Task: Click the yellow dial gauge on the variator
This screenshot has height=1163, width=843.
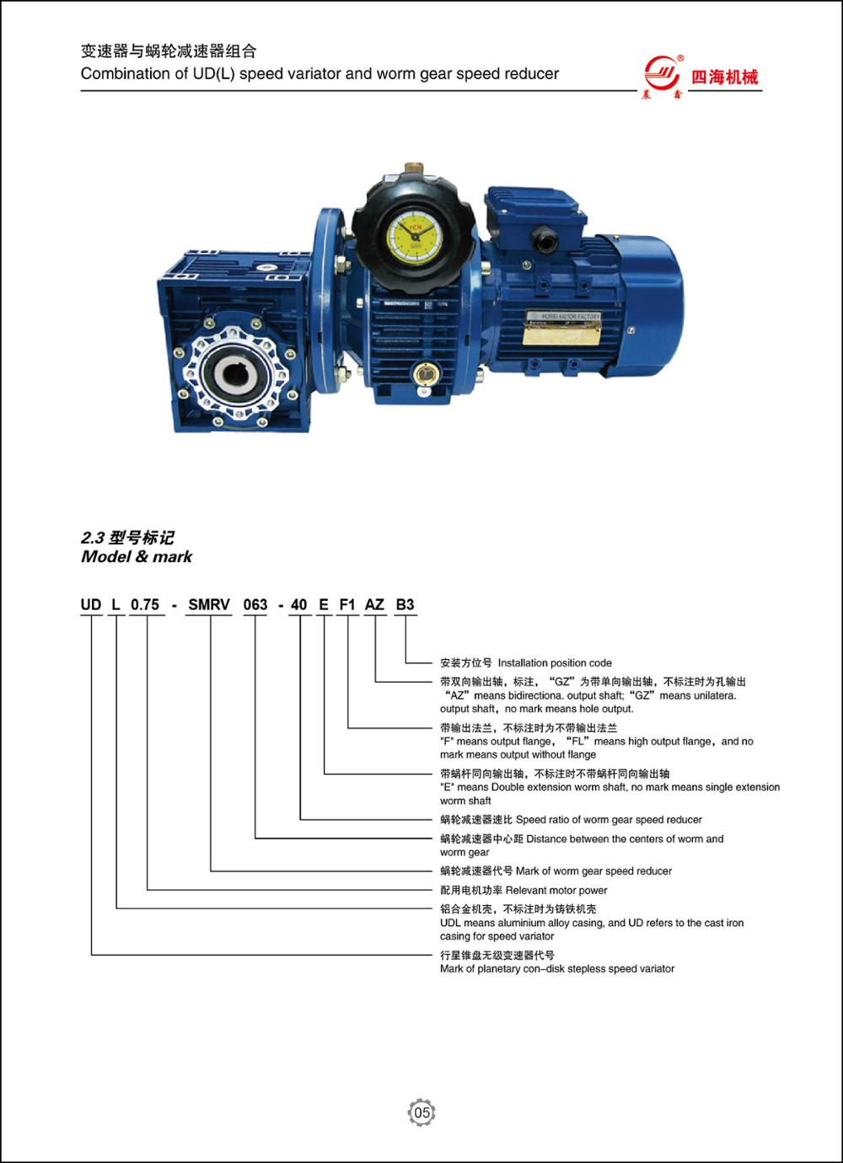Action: pyautogui.click(x=415, y=235)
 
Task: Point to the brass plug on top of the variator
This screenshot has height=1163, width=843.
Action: pyautogui.click(x=414, y=169)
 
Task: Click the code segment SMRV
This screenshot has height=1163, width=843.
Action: pyautogui.click(x=209, y=605)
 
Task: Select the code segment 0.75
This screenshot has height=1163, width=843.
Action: pyautogui.click(x=145, y=605)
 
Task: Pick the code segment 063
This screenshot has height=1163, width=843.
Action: pyautogui.click(x=255, y=605)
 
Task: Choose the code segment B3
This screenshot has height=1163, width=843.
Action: pyautogui.click(x=405, y=605)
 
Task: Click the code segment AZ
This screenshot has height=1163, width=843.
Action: pyautogui.click(x=374, y=605)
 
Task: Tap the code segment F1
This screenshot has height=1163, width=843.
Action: pyautogui.click(x=347, y=605)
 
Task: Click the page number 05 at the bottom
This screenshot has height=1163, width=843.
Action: pyautogui.click(x=421, y=1112)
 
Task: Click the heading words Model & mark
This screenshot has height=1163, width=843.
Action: pyautogui.click(x=137, y=556)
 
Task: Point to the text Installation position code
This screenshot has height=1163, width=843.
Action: pyautogui.click(x=555, y=663)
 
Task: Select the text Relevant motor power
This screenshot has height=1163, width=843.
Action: pyautogui.click(x=556, y=891)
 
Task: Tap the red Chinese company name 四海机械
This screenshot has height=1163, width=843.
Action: pyautogui.click(x=725, y=78)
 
